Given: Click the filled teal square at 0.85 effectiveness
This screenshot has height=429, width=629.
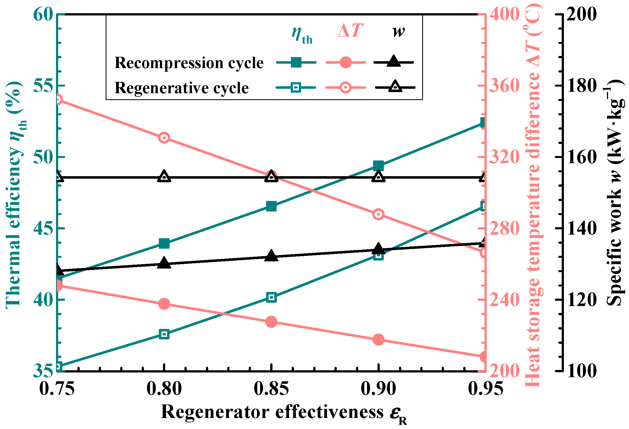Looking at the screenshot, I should click(x=271, y=206).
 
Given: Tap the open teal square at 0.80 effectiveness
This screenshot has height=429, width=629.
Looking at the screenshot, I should click(x=164, y=334).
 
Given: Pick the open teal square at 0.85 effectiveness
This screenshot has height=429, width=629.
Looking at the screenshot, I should click(x=271, y=297).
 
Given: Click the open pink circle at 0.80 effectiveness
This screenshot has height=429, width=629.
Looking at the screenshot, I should click(x=164, y=138).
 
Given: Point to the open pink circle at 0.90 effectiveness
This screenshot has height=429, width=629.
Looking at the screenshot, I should click(x=378, y=214).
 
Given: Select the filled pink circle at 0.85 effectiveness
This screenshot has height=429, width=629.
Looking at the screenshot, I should click(x=271, y=322).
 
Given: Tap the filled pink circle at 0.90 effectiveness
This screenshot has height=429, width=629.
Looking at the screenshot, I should click(x=378, y=339).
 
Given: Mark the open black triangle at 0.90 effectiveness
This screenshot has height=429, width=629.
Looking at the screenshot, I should click(x=378, y=176).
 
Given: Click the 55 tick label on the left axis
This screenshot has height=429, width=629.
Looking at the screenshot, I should click(x=43, y=86).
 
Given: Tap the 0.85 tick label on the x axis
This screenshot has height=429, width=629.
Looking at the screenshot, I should click(x=271, y=389).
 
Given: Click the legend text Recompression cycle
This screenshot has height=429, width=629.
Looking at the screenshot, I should click(x=189, y=63).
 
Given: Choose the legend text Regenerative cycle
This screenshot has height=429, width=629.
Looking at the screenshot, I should click(x=181, y=88).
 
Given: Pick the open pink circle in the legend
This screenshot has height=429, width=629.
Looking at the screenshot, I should click(x=345, y=88).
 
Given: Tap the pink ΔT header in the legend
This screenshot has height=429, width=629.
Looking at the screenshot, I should click(x=350, y=30).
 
